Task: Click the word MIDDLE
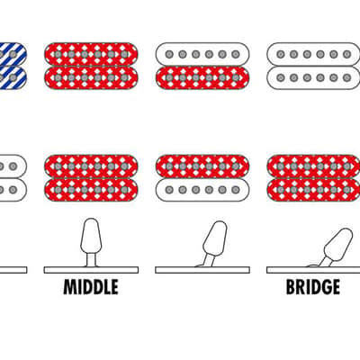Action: pyautogui.click(x=91, y=287)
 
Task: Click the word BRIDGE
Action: pyautogui.click(x=313, y=287)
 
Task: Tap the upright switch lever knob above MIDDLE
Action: pyautogui.click(x=91, y=237)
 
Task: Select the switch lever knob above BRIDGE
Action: pyautogui.click(x=338, y=244)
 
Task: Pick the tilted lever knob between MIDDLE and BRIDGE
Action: pyautogui.click(x=215, y=238)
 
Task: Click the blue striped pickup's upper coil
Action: pyautogui.click(x=13, y=54)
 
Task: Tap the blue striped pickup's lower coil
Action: pyautogui.click(x=13, y=77)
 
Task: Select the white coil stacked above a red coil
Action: pyautogui.click(x=202, y=54)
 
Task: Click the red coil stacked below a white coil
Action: pyautogui.click(x=202, y=77)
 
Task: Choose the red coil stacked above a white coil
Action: pyautogui.click(x=202, y=166)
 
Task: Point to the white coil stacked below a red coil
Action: pyautogui.click(x=202, y=190)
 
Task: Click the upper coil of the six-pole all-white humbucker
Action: pyautogui.click(x=313, y=54)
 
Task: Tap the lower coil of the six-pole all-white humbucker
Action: pyautogui.click(x=313, y=77)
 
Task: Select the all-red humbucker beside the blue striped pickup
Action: pyautogui.click(x=91, y=66)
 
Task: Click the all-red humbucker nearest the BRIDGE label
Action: pyautogui.click(x=313, y=178)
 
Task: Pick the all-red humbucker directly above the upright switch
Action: pyautogui.click(x=91, y=178)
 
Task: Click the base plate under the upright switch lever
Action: pyautogui.click(x=91, y=270)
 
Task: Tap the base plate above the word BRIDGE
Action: pyautogui.click(x=313, y=270)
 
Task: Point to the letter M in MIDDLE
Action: pyautogui.click(x=69, y=287)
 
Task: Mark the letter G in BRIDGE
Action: pyautogui.click(x=324, y=287)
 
